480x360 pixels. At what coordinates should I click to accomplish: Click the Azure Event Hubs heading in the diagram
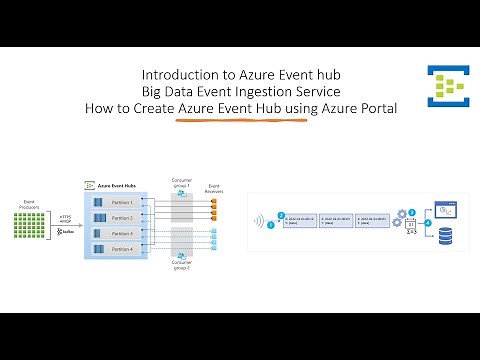[x=119, y=186]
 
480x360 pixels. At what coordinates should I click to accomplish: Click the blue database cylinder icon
[x=446, y=236]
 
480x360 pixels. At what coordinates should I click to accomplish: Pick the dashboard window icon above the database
[x=446, y=209]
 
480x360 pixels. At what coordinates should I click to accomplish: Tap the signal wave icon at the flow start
[x=259, y=221]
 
